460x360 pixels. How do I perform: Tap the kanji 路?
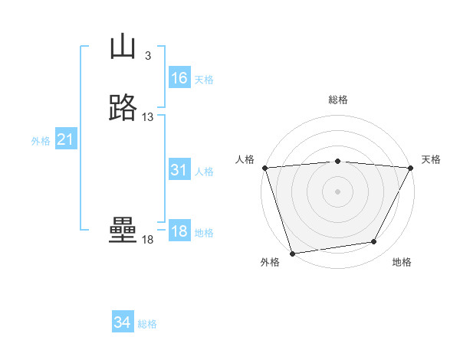[x=123, y=108]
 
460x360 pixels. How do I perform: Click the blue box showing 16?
[x=179, y=78]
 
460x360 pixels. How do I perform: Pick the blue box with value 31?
[x=179, y=171]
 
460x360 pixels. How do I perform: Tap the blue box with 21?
[x=66, y=139]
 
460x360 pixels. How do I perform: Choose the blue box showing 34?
[x=123, y=322]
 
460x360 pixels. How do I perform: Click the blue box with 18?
[x=179, y=232]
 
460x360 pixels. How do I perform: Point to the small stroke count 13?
[x=148, y=117]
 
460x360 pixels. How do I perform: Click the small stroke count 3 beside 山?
[x=147, y=56]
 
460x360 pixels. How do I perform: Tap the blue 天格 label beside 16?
[x=204, y=79]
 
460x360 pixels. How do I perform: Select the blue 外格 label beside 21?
[x=41, y=141]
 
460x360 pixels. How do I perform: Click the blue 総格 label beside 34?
[x=147, y=324]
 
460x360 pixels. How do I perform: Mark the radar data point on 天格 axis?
[x=412, y=168]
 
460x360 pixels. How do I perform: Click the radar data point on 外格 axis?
[x=292, y=253]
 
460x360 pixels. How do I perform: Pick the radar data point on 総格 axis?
[x=337, y=161]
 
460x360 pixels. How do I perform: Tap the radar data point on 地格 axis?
[x=374, y=242]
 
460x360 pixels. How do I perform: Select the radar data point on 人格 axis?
[x=264, y=168]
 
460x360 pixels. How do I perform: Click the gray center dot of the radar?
[x=337, y=191]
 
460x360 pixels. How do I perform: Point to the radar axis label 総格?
[x=337, y=100]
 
